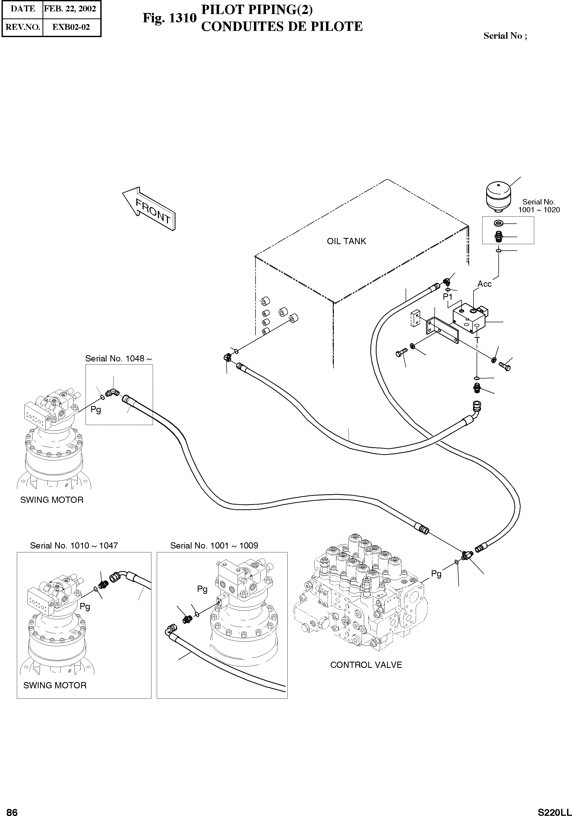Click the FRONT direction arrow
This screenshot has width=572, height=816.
click(x=149, y=209)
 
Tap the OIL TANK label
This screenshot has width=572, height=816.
click(x=346, y=241)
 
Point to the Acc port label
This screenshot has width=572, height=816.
click(x=484, y=284)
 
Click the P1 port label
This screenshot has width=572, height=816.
click(x=448, y=296)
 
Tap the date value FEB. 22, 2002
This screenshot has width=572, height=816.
click(x=70, y=9)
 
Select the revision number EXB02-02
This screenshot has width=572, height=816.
click(x=71, y=27)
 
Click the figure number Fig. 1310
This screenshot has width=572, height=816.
click(x=169, y=18)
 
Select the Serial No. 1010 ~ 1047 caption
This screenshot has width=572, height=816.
click(x=74, y=546)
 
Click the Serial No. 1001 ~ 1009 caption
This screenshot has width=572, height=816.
click(x=214, y=546)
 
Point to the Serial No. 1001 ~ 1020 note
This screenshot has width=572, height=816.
click(x=539, y=206)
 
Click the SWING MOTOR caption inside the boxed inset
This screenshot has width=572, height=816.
click(x=55, y=685)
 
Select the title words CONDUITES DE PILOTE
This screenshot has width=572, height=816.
click(x=282, y=27)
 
